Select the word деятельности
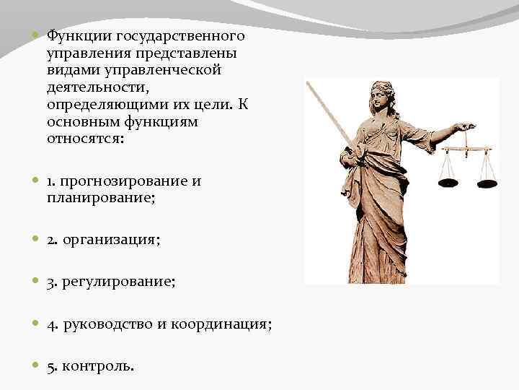[x=91, y=87]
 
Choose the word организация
[x=112, y=240]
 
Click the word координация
[x=223, y=324]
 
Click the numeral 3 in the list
[x=52, y=282]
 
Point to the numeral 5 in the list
[x=52, y=366]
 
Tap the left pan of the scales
[x=448, y=179]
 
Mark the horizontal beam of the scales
[x=466, y=149]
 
